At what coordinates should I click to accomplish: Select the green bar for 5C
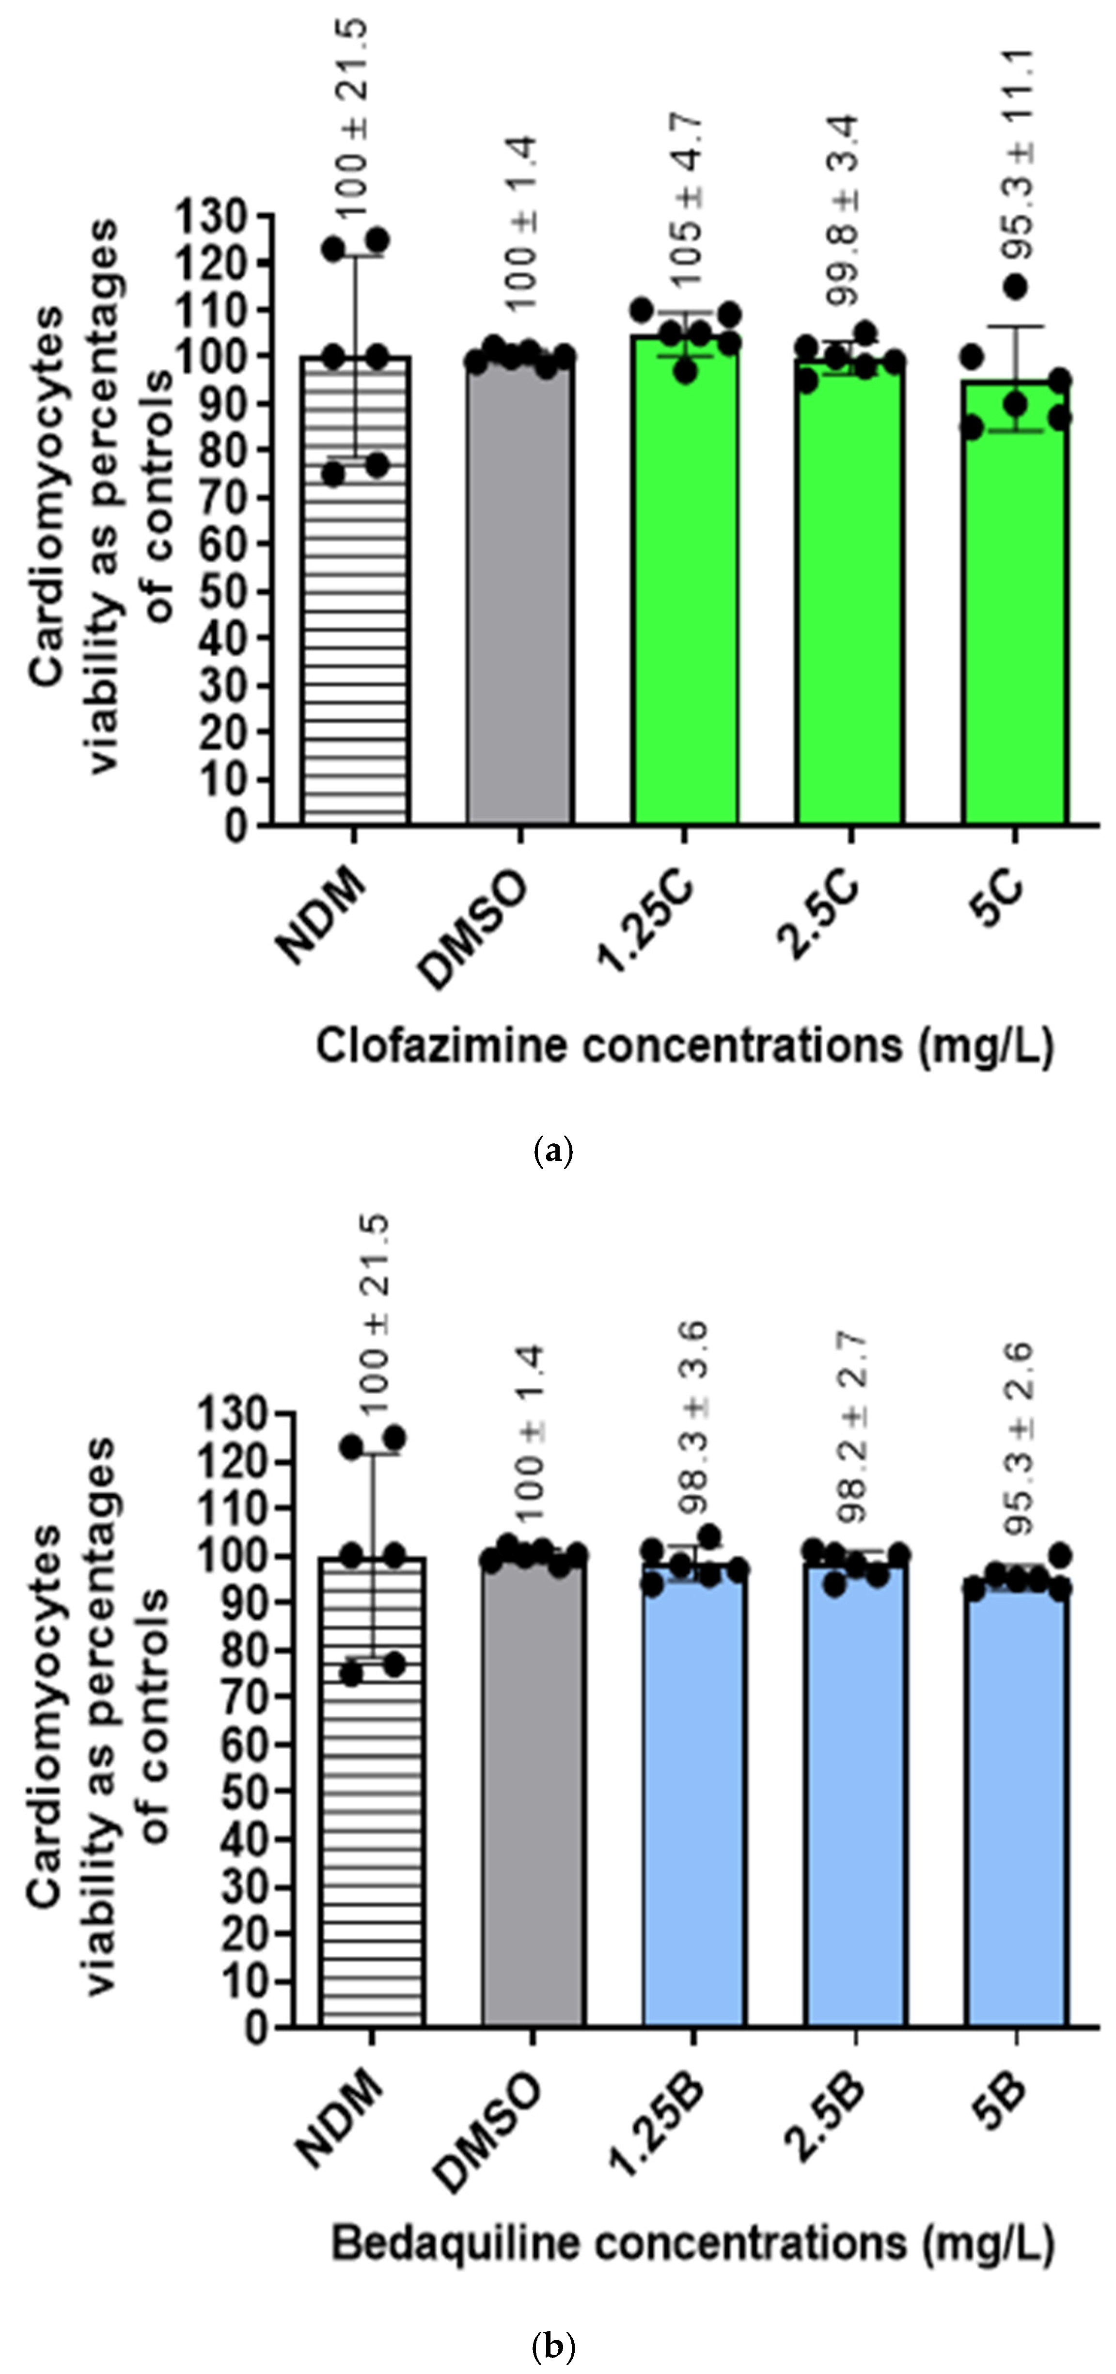(1016, 608)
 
